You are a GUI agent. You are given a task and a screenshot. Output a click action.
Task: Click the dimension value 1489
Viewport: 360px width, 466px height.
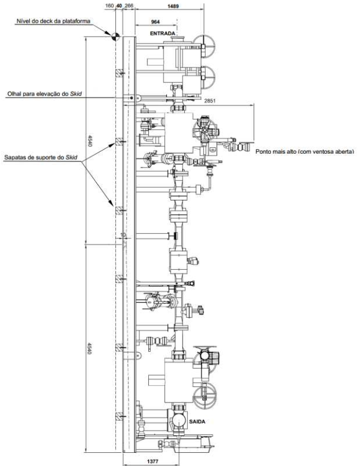point(173,6)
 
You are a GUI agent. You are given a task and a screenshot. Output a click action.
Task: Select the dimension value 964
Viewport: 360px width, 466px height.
point(155,22)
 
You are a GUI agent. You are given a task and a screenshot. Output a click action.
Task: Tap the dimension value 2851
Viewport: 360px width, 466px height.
point(210,100)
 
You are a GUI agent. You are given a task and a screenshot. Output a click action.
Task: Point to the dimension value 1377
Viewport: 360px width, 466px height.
point(152,461)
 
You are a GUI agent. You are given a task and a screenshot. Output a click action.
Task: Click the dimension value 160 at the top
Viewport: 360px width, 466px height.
point(109,5)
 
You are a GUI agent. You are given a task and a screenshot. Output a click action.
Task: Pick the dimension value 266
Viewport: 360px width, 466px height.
point(129,5)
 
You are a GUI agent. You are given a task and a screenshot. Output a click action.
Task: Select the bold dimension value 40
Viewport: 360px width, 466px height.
point(120,5)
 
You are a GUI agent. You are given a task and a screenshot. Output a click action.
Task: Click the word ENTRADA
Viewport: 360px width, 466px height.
point(163,33)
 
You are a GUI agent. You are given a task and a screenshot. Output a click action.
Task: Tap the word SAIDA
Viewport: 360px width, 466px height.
point(197,421)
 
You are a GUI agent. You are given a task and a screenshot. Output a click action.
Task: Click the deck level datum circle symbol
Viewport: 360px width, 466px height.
point(115,37)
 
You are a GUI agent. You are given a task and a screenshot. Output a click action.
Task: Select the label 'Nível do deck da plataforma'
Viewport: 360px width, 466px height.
point(53,21)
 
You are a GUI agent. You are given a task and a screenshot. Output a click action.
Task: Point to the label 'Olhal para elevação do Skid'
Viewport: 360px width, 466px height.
point(45,93)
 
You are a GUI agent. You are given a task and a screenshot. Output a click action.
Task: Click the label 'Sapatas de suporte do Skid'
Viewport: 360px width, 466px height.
point(41,157)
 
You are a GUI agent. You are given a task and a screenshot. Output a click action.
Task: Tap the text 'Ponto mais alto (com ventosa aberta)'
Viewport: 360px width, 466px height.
point(305,151)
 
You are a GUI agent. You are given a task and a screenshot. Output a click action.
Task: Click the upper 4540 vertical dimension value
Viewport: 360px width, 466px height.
point(90,141)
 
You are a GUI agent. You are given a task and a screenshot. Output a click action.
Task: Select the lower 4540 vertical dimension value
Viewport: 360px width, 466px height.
point(90,348)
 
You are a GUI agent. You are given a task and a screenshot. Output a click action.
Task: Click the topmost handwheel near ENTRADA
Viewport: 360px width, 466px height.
point(204,46)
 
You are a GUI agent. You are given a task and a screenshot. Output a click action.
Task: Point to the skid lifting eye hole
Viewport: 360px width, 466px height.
point(132,98)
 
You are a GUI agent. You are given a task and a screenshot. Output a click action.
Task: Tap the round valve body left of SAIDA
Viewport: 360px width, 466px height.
point(179,419)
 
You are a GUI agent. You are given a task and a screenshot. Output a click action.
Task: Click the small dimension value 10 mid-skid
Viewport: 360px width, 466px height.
point(123,234)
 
